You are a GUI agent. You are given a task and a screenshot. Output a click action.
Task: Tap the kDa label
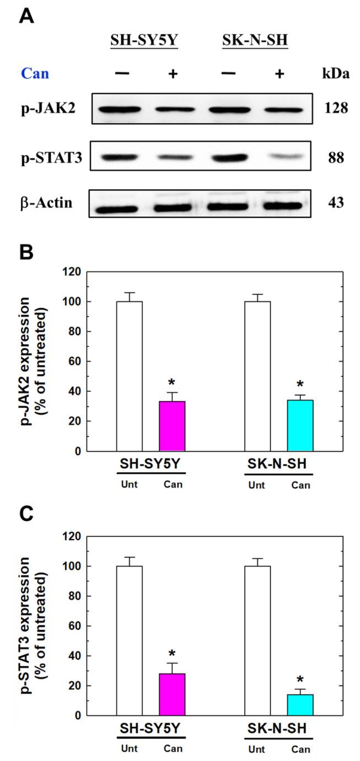coord(335,74)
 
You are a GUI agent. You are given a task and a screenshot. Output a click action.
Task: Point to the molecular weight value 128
coord(335,108)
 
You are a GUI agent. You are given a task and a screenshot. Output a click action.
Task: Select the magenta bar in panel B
coord(172,426)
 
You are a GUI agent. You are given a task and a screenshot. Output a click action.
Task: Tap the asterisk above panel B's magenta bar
coord(172,383)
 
